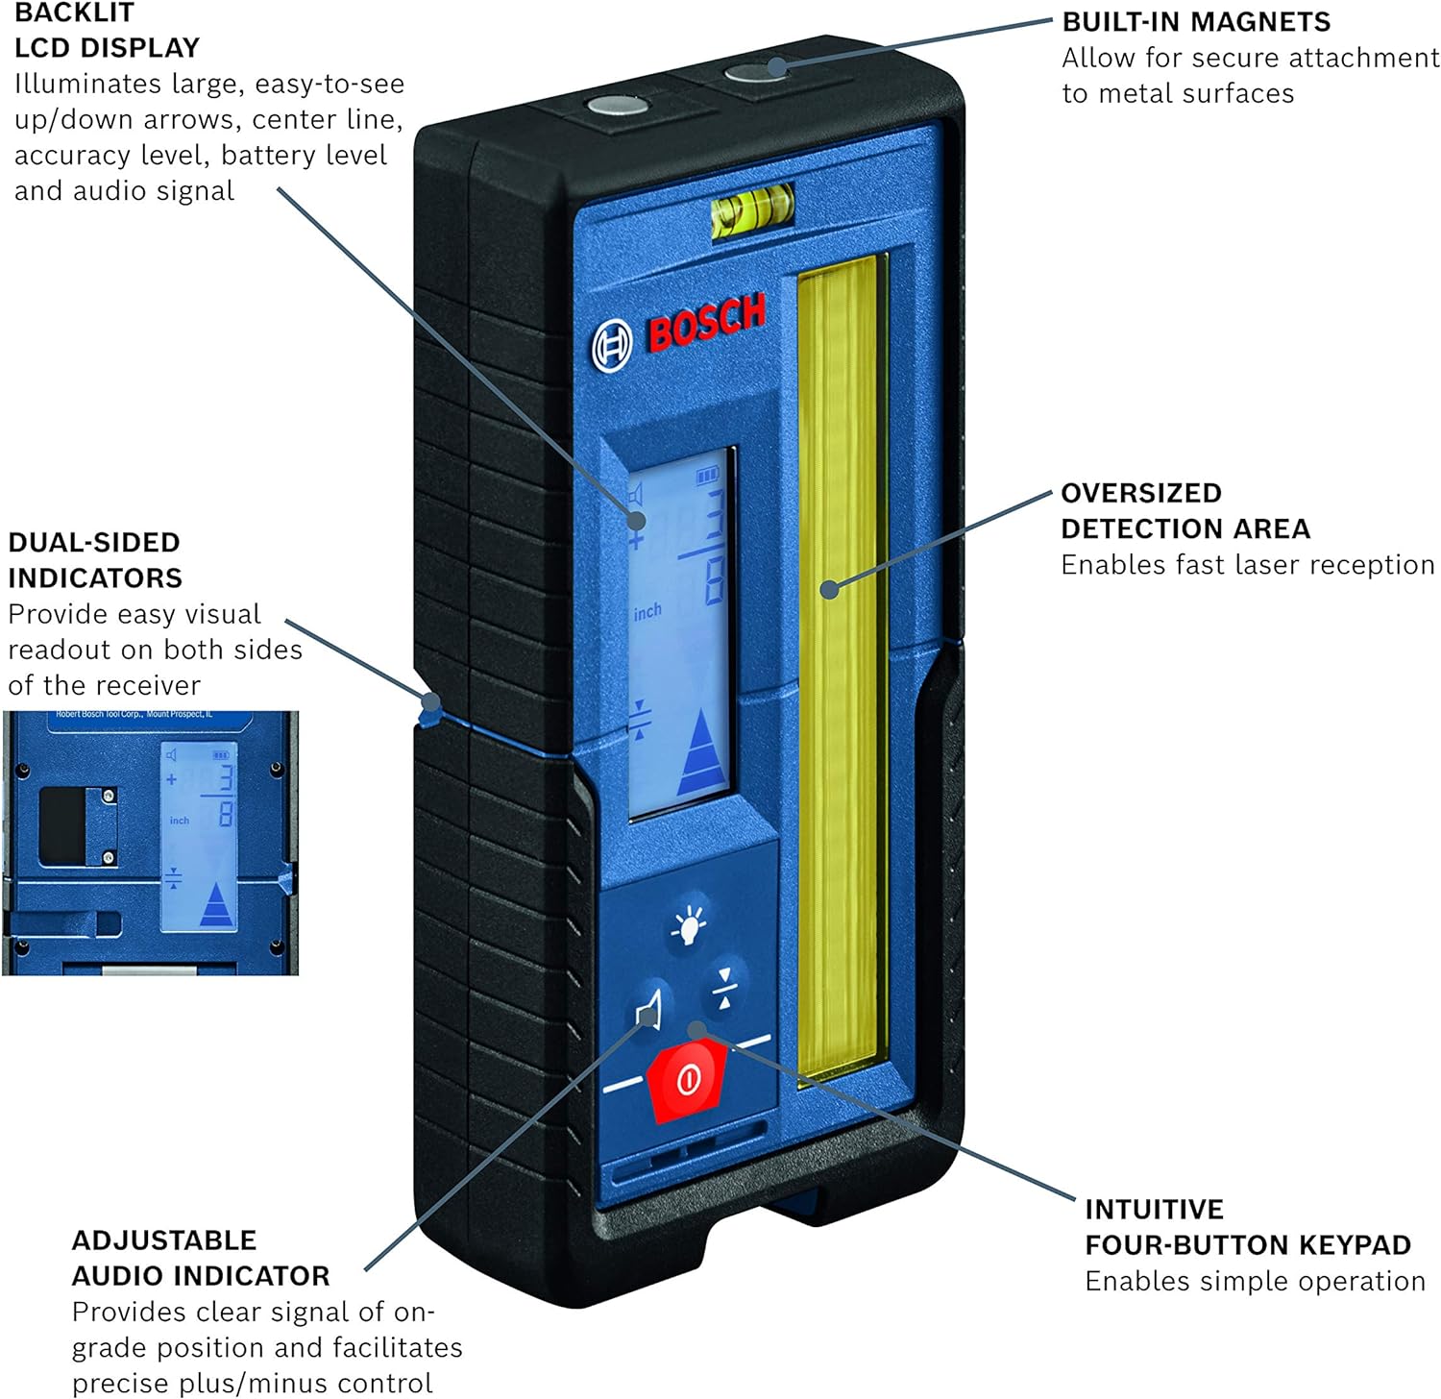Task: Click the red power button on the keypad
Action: click(x=686, y=1080)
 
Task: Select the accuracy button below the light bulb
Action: click(x=725, y=989)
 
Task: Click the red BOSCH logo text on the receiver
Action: click(x=707, y=322)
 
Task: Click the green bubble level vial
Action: click(x=752, y=209)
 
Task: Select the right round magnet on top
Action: click(x=755, y=70)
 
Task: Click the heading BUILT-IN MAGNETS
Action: click(x=1196, y=22)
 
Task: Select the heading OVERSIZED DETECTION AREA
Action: click(x=1185, y=511)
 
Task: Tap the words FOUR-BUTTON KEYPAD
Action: click(x=1247, y=1245)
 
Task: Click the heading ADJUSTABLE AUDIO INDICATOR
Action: click(x=200, y=1258)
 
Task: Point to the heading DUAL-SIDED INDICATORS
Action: click(x=94, y=560)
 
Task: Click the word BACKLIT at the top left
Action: click(x=74, y=13)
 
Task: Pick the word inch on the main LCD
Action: click(x=647, y=611)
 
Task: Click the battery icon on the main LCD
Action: click(x=707, y=475)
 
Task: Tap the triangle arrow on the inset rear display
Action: click(x=217, y=905)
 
